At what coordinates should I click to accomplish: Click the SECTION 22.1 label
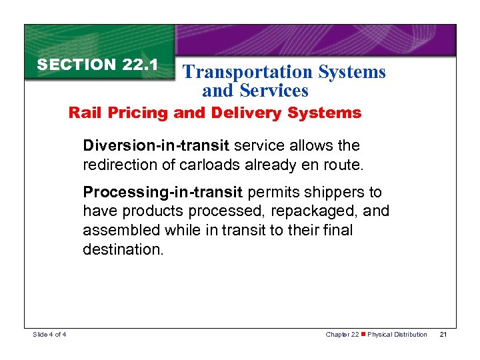pos(97,65)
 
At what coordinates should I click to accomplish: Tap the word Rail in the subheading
pos(83,113)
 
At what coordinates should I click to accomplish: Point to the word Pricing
pos(136,113)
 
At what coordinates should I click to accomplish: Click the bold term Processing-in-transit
pos(163,193)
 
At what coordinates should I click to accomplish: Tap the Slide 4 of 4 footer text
pos(50,334)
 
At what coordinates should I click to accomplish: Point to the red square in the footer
pos(363,334)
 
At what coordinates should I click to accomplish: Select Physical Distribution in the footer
pos(398,334)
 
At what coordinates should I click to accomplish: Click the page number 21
pos(443,334)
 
